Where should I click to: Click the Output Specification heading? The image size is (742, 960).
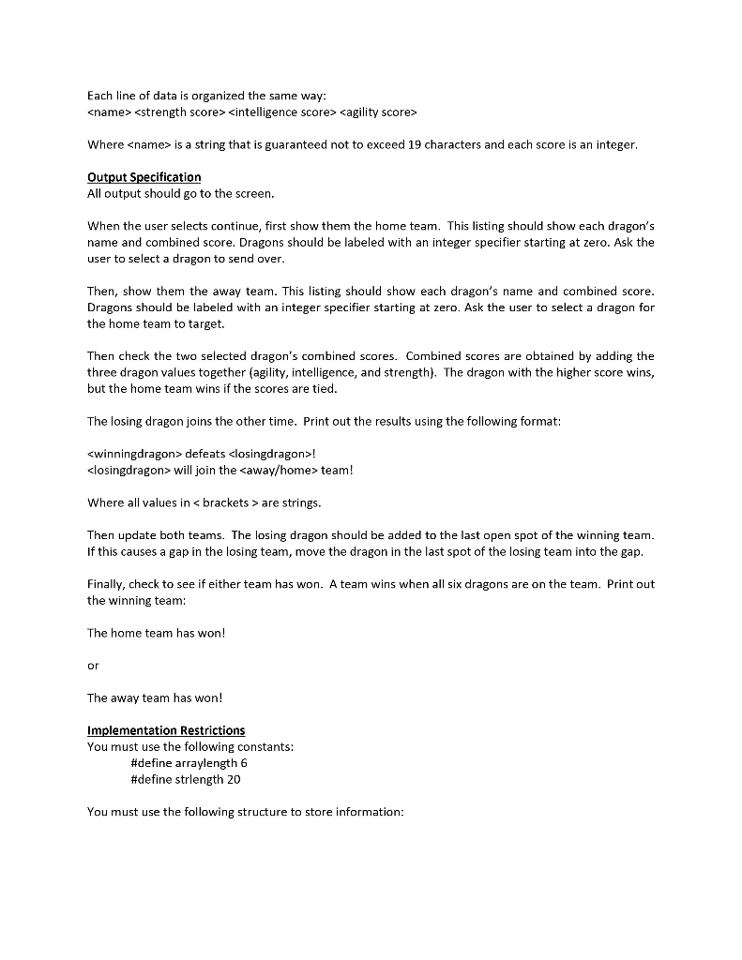coord(144,177)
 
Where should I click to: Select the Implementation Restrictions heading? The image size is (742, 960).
coord(166,730)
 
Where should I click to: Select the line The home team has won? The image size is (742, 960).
coord(157,633)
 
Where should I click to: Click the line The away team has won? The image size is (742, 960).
coord(155,697)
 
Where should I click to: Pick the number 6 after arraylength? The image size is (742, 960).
coord(244,763)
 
